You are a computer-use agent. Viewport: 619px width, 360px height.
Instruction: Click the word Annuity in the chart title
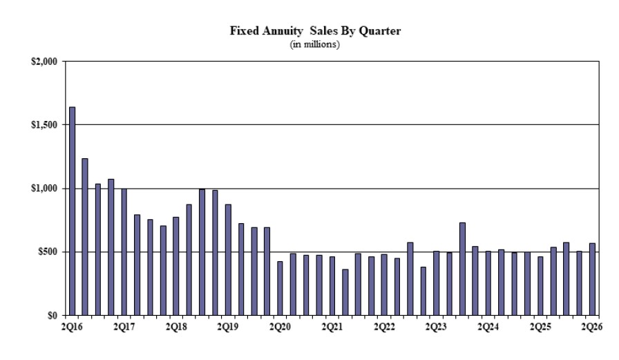click(x=283, y=31)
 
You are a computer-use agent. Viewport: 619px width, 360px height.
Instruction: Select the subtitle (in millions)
click(x=314, y=44)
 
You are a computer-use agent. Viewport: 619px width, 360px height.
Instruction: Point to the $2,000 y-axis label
click(x=44, y=61)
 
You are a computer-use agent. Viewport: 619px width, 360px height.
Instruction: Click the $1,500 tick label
click(x=44, y=125)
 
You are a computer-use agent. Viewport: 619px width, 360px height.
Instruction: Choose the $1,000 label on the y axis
click(x=44, y=188)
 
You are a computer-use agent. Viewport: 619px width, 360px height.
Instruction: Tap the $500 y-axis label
click(x=48, y=252)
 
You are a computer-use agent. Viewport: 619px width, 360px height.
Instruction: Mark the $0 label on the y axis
click(x=53, y=315)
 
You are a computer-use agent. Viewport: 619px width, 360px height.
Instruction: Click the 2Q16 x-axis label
click(x=72, y=327)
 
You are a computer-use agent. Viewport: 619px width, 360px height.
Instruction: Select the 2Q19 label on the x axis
click(x=228, y=327)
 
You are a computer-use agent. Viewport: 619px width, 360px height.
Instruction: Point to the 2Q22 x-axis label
click(x=385, y=327)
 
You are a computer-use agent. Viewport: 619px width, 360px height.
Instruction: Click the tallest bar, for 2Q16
click(x=73, y=211)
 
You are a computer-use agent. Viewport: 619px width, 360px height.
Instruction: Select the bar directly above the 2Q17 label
click(x=124, y=252)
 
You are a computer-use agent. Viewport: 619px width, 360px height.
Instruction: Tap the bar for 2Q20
click(x=280, y=289)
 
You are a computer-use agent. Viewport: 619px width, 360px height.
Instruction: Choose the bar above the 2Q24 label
click(x=488, y=283)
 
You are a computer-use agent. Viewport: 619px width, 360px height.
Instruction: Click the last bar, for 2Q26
click(x=592, y=279)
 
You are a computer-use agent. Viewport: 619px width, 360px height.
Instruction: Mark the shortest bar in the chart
click(x=345, y=292)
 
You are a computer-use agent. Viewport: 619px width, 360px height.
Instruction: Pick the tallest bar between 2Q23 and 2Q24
click(x=462, y=269)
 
